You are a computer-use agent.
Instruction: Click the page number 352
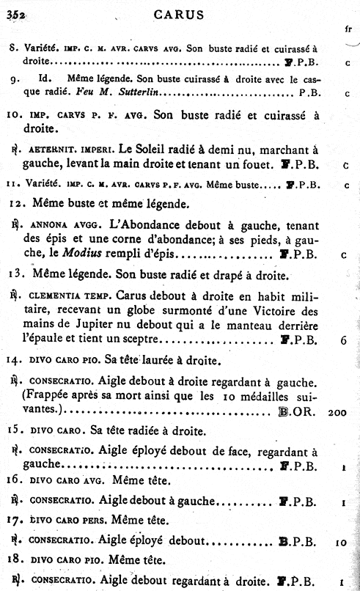point(15,14)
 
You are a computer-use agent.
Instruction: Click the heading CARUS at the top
point(180,14)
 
